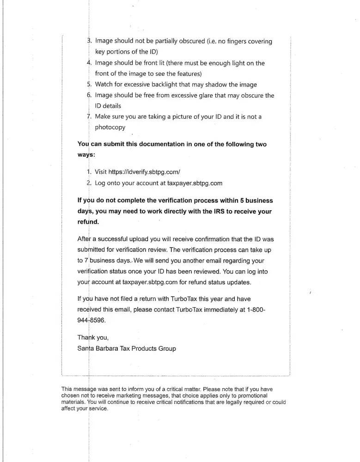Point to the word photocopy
pyautogui.click(x=110, y=127)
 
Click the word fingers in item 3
pyautogui.click(x=228, y=42)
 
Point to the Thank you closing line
pyautogui.click(x=93, y=338)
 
